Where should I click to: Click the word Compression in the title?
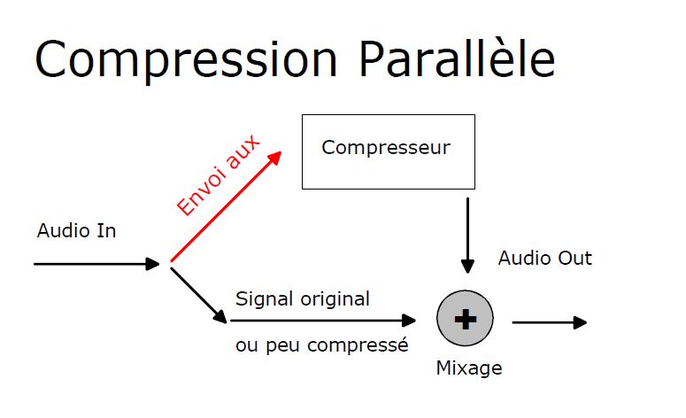(x=186, y=60)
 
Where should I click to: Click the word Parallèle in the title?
(x=457, y=58)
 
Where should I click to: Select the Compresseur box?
(x=389, y=152)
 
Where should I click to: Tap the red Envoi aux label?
(x=218, y=174)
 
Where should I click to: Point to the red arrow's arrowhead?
(x=275, y=157)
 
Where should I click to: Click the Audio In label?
(x=76, y=230)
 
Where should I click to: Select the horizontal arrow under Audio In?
(x=96, y=264)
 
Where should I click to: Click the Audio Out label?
(x=545, y=258)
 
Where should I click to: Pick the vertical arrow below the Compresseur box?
(x=467, y=236)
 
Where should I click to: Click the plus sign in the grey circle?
(x=466, y=319)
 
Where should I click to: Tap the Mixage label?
(x=469, y=368)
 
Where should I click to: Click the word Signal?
(x=265, y=299)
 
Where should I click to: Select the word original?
(x=335, y=299)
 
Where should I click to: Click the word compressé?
(x=358, y=344)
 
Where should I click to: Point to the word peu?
(x=283, y=346)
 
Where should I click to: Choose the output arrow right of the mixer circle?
(x=550, y=322)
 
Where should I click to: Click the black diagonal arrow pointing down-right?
(x=198, y=296)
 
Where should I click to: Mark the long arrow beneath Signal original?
(x=323, y=321)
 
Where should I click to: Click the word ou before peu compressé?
(x=247, y=346)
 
